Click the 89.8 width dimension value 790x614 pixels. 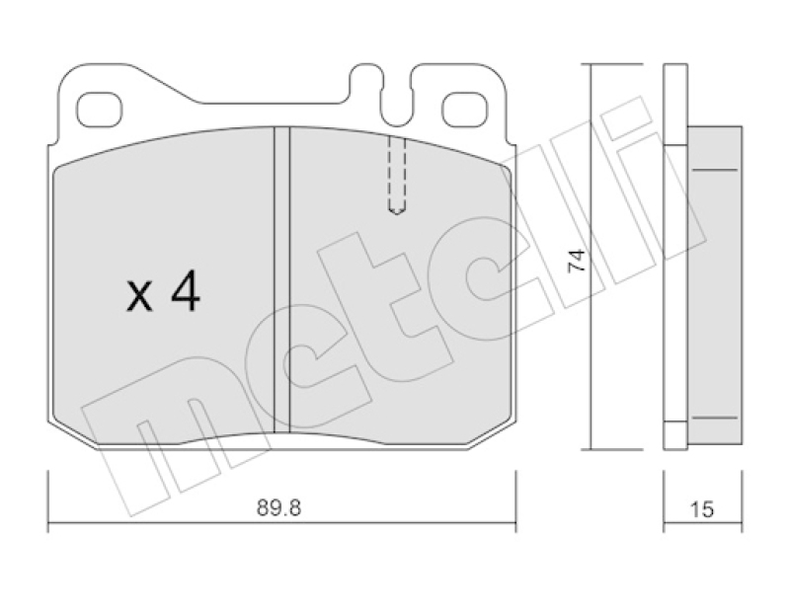(278, 507)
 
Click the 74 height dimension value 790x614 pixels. (578, 261)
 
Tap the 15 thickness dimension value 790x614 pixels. (701, 509)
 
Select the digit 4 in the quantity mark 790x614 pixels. (186, 292)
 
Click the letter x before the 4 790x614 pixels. (139, 297)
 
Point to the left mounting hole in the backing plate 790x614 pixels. (100, 110)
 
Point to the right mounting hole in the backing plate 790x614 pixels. (465, 110)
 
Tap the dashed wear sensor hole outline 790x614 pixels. (397, 177)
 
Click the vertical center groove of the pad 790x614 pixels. (282, 279)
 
